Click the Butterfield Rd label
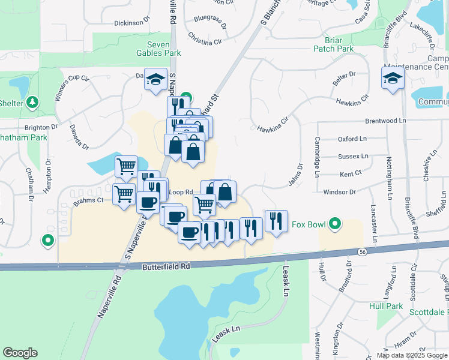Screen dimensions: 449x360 tap(166, 265)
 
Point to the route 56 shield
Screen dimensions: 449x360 tap(361, 251)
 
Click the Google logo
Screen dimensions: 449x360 tap(20, 353)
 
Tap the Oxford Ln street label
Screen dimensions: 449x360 tap(352, 139)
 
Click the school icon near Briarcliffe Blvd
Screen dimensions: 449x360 tap(393, 79)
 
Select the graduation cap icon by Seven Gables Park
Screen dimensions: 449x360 tap(155, 79)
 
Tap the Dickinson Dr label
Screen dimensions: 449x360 tap(131, 23)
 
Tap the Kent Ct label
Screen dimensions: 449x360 tap(351, 174)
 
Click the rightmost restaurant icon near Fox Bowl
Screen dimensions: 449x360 tap(276, 221)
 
